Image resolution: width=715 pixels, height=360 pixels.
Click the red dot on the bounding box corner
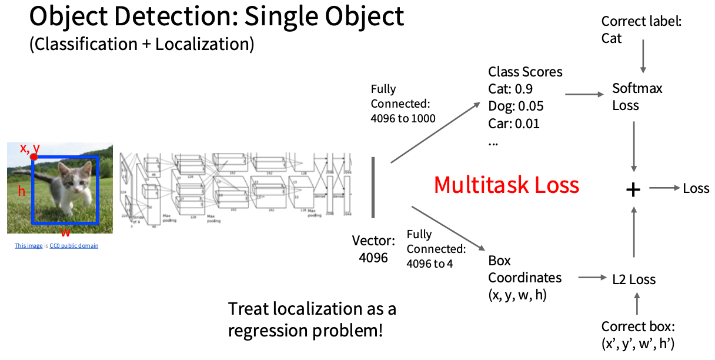[34, 156]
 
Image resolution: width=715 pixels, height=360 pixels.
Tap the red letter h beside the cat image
[22, 191]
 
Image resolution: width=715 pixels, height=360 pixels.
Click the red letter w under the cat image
[66, 231]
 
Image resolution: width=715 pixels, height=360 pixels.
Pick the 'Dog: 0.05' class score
[516, 106]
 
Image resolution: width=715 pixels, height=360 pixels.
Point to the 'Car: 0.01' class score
[514, 124]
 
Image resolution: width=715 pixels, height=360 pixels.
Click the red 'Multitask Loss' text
[506, 185]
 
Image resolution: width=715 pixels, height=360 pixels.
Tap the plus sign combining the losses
[633, 189]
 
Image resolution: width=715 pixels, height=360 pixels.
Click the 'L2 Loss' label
[633, 279]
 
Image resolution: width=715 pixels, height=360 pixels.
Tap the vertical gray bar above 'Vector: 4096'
[373, 187]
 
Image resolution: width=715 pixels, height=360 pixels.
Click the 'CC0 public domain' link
[74, 246]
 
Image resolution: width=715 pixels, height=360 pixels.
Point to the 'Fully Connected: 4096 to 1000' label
[403, 104]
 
